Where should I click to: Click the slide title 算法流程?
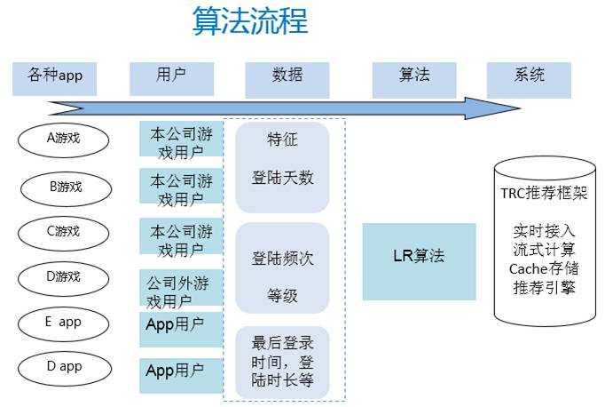point(249,20)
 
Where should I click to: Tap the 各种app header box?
point(55,77)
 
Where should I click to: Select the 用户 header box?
point(171,77)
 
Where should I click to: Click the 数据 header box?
point(287,77)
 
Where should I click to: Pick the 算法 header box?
point(414,77)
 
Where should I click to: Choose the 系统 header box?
point(529,77)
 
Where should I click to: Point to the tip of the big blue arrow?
point(517,108)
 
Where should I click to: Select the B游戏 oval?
point(66,187)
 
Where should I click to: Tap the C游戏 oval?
point(64,231)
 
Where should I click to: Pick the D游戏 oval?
point(64,276)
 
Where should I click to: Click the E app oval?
point(64,322)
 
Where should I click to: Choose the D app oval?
point(64,366)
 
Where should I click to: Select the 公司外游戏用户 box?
point(180,291)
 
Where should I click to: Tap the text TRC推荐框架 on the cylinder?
point(544,193)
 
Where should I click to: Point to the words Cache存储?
point(544,268)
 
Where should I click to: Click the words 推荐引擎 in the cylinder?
point(544,287)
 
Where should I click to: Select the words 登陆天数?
point(283,178)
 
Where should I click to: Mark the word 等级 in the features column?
point(283,297)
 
